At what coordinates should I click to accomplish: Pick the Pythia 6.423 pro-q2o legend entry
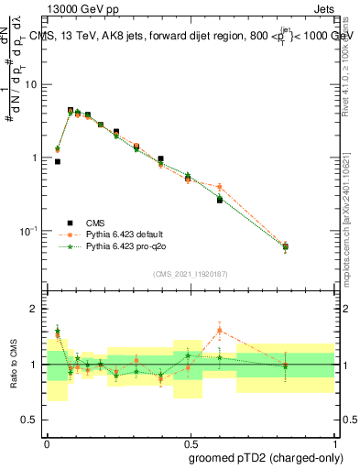[x=126, y=246]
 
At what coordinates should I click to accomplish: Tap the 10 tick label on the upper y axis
[x=33, y=84]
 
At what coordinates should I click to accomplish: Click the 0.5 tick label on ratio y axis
[x=32, y=420]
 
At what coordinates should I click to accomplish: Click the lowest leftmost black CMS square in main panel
[x=58, y=161]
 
